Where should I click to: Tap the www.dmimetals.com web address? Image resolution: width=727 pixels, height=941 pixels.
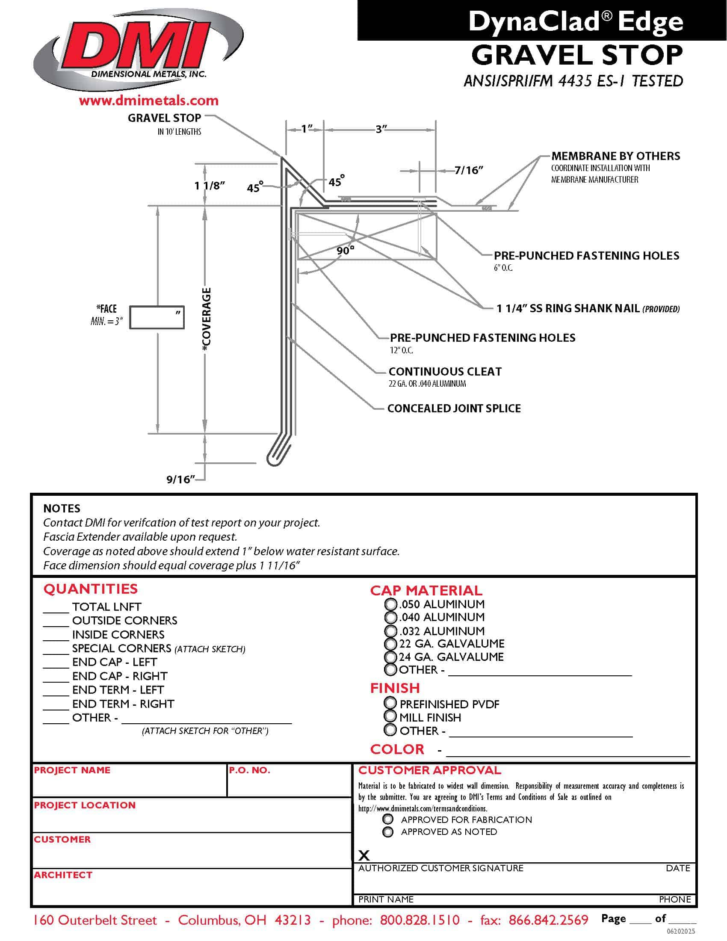(x=148, y=101)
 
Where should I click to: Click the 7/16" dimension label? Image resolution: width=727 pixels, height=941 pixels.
(x=469, y=170)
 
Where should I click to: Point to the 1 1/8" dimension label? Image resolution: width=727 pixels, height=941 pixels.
(x=209, y=186)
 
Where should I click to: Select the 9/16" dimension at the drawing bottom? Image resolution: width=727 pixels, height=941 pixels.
(x=180, y=479)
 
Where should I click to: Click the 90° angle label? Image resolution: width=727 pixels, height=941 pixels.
(x=346, y=250)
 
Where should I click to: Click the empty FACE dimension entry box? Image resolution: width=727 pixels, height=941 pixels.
(x=157, y=317)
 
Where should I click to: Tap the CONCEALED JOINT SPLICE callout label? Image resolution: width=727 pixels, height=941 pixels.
(x=454, y=408)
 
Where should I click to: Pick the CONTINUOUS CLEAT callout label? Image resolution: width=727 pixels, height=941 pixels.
(x=445, y=371)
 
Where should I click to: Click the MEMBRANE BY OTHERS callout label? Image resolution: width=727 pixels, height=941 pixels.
(x=615, y=156)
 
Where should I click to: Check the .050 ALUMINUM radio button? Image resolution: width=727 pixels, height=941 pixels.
(x=390, y=604)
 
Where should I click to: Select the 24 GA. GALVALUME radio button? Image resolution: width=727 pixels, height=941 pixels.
(x=390, y=657)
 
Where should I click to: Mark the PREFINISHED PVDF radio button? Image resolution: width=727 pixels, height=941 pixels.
(x=390, y=703)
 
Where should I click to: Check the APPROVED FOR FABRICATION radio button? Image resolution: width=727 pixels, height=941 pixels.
(x=388, y=819)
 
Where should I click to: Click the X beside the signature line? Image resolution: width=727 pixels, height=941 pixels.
(x=364, y=855)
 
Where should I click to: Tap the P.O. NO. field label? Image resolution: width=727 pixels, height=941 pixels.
(x=249, y=770)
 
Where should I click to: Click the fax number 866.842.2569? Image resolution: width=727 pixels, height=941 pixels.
(x=548, y=920)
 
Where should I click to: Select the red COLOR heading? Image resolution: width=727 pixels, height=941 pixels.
(x=397, y=749)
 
